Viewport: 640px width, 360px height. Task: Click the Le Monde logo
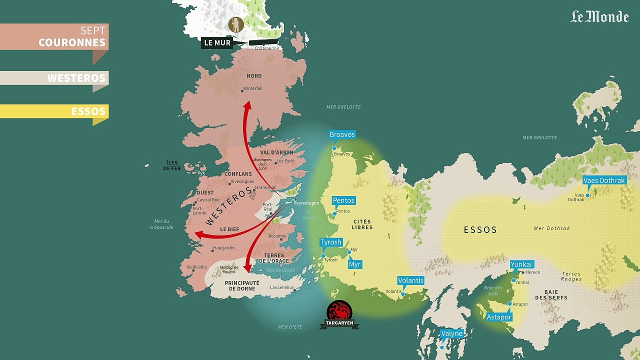click(599, 16)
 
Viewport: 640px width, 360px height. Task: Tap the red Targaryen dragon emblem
click(339, 311)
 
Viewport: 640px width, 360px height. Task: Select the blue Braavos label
click(342, 134)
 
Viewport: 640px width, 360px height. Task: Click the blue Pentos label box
click(343, 200)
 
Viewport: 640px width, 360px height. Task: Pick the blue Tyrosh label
click(331, 242)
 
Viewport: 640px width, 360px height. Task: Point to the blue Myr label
click(354, 264)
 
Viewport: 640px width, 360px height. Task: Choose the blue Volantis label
click(410, 280)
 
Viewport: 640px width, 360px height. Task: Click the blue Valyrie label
click(451, 333)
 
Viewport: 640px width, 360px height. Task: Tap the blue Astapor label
click(499, 317)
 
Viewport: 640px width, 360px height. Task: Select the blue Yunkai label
click(521, 264)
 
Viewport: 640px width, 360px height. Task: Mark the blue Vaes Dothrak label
click(604, 180)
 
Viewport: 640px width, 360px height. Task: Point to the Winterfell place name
click(252, 89)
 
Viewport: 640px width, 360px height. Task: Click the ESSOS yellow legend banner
click(54, 111)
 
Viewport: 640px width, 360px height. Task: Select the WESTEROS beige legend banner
click(54, 78)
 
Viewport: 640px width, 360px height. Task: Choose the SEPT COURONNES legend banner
click(54, 37)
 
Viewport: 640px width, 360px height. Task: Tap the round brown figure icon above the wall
click(236, 24)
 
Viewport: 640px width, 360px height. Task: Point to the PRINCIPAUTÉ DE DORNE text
click(242, 285)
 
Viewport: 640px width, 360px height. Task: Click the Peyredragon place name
click(306, 203)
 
